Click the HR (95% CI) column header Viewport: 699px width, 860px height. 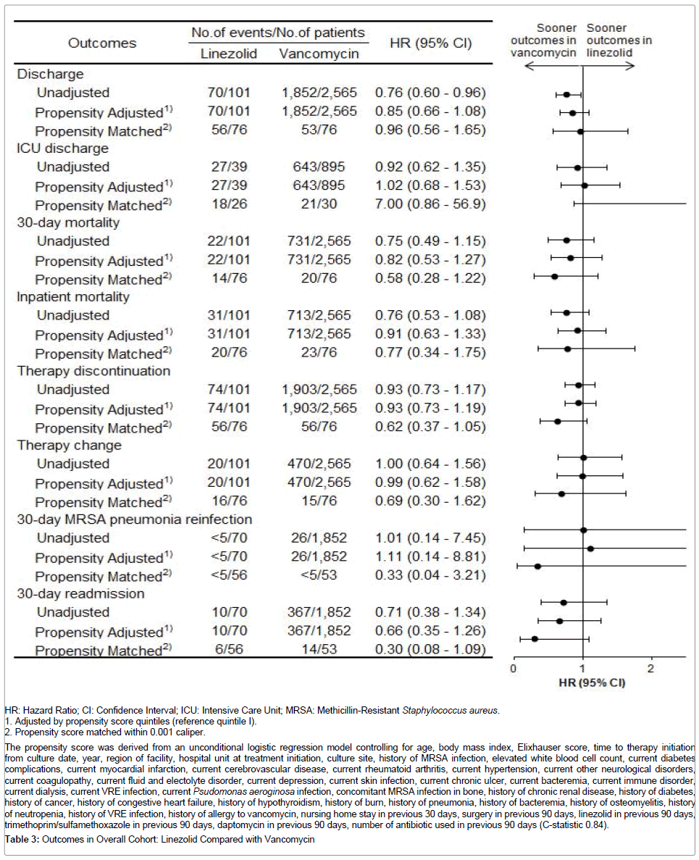point(430,43)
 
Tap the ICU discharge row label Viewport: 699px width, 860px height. point(63,149)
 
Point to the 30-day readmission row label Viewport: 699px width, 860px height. point(81,594)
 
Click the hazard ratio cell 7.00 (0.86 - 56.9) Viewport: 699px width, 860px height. point(430,204)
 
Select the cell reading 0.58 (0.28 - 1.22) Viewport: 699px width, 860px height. point(430,279)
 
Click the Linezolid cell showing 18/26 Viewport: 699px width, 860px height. point(228,204)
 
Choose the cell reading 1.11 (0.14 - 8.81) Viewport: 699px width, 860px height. point(430,557)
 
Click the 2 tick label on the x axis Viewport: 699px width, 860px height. point(651,667)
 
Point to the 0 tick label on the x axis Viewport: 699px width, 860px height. point(513,667)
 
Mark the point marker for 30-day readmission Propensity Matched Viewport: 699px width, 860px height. point(535,639)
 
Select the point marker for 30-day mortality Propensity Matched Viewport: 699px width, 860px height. point(554,276)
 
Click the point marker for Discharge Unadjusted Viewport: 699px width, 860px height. point(566,94)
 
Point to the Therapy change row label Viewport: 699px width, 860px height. point(69,446)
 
